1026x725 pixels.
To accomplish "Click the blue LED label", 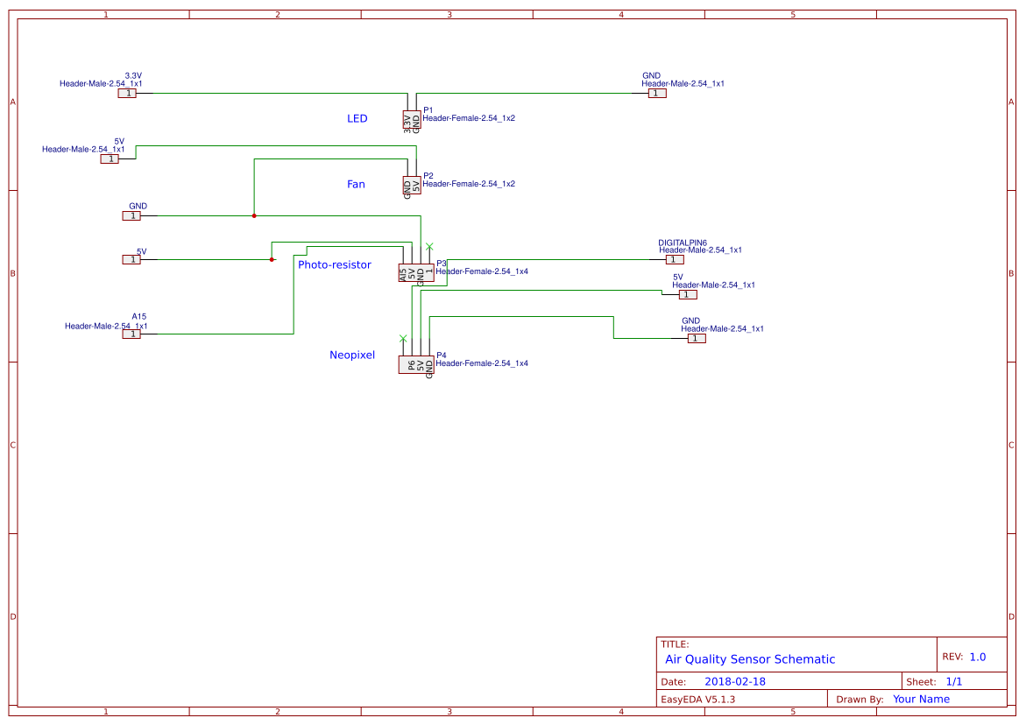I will [357, 118].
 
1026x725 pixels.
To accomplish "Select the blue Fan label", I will [356, 184].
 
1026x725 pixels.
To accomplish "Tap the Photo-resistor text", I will [335, 264].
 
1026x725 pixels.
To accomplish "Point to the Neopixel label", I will [352, 355].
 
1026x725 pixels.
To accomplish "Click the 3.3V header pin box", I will [128, 93].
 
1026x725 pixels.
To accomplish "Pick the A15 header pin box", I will [131, 334].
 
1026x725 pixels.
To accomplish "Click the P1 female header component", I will [412, 121].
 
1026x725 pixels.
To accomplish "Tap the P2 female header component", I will [412, 187].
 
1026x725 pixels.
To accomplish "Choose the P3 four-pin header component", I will [416, 273].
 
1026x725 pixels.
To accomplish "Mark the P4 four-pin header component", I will [416, 365].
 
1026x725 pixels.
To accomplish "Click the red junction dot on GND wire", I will [254, 215].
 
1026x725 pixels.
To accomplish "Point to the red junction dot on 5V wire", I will [272, 259].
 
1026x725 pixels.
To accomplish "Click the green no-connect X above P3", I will [429, 246].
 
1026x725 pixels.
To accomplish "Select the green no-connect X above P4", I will [403, 338].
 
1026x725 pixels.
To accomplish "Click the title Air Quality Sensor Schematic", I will [750, 659].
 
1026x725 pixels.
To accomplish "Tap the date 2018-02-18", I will [735, 681].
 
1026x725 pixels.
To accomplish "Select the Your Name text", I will [921, 699].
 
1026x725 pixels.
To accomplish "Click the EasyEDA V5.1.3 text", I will [697, 700].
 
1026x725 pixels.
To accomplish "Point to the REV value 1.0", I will [977, 657].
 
